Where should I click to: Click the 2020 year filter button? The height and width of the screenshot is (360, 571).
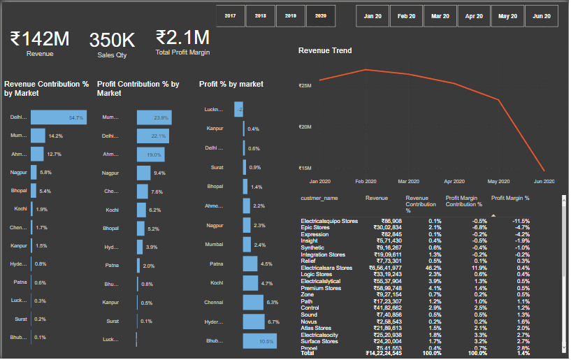click(x=321, y=15)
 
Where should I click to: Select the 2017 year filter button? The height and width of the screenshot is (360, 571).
click(x=230, y=15)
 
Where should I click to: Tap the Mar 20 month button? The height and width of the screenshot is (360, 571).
click(x=440, y=15)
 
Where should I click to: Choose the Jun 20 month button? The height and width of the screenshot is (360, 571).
click(x=542, y=15)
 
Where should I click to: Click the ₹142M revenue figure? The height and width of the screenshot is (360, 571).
click(x=39, y=39)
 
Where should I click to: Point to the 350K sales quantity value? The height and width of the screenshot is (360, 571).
click(x=112, y=41)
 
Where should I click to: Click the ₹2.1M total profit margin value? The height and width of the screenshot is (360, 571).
click(x=182, y=37)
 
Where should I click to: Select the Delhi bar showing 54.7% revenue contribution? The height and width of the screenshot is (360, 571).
click(x=59, y=117)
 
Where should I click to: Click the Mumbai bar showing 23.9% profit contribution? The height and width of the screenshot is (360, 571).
click(x=154, y=117)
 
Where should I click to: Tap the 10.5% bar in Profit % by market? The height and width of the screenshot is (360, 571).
click(x=259, y=341)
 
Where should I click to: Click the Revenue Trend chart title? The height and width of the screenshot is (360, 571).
click(x=325, y=50)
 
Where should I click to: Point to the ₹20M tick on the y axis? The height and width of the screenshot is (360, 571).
click(x=305, y=127)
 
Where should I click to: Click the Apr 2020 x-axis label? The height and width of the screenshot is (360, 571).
click(x=454, y=181)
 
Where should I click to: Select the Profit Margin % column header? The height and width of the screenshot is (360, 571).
click(x=510, y=199)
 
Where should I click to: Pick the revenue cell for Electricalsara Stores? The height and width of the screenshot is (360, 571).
click(x=383, y=268)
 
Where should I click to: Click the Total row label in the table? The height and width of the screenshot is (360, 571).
click(x=308, y=354)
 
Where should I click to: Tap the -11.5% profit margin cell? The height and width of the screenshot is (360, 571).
click(x=520, y=221)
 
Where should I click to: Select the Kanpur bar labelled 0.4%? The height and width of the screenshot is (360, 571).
click(x=244, y=129)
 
